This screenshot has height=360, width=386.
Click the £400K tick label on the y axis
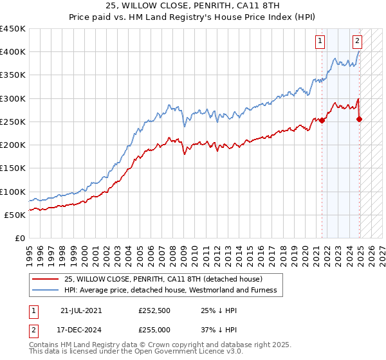[12, 52]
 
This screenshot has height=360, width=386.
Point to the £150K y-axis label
[12, 168]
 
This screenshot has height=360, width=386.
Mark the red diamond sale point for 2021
[322, 121]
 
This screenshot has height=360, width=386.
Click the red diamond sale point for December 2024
[359, 119]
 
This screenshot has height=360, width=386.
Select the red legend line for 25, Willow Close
[46, 279]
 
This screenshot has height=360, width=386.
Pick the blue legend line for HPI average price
[46, 290]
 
